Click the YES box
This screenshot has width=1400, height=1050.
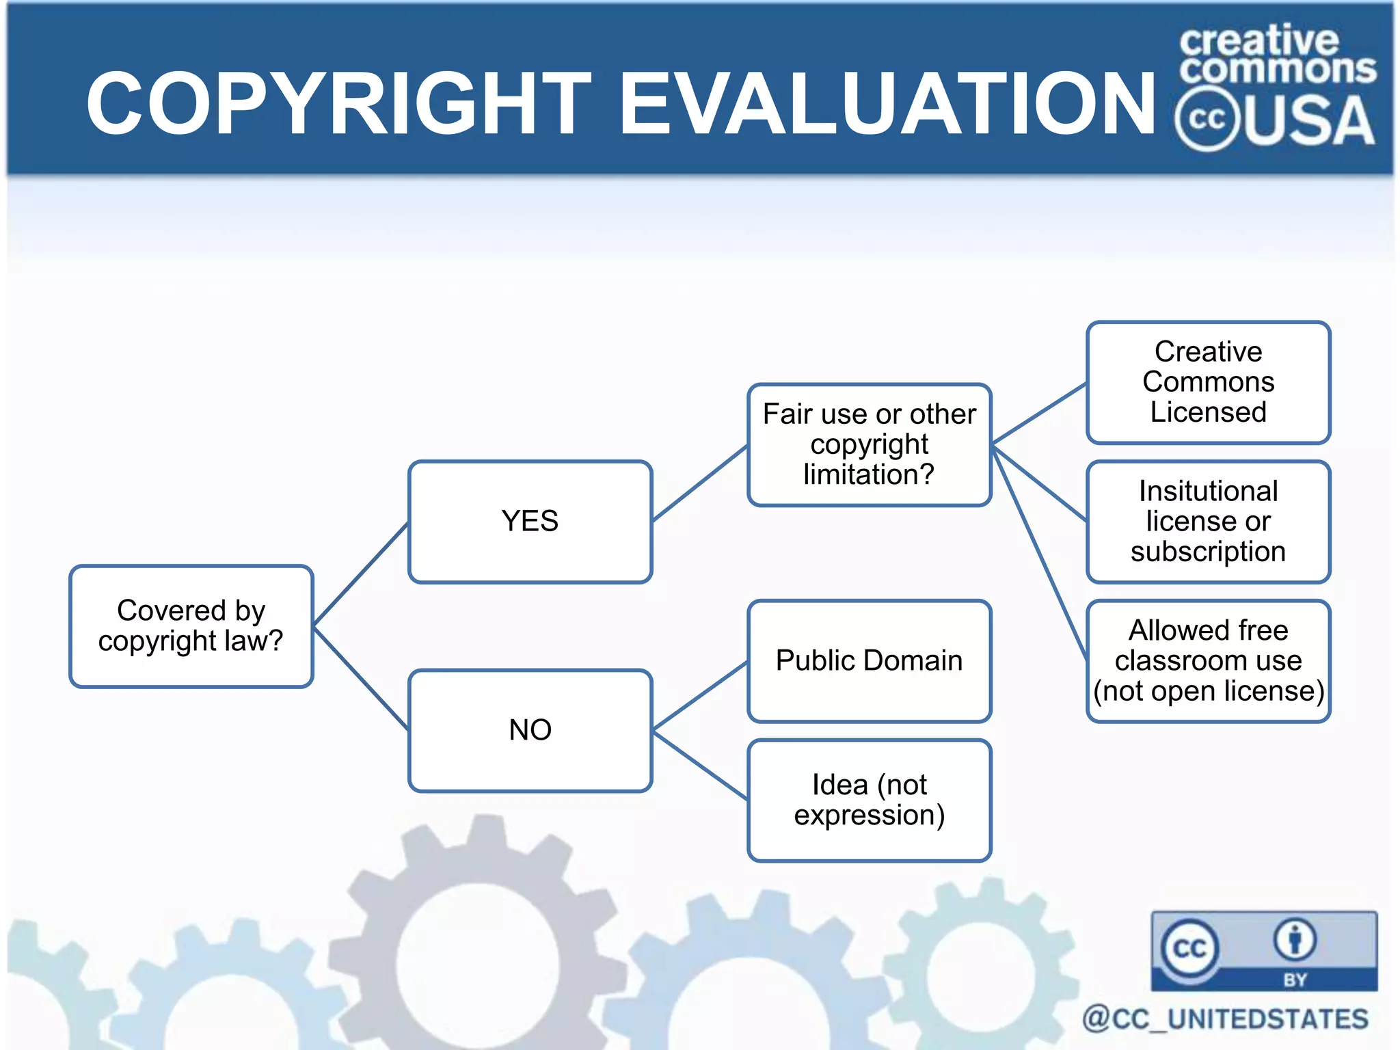pos(530,522)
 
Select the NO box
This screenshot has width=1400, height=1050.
pos(530,730)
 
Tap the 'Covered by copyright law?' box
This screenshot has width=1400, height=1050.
pos(191,625)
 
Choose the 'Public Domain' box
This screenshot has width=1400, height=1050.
pos(869,660)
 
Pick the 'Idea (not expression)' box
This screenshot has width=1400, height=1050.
pos(869,800)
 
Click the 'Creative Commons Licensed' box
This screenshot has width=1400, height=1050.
pos(1208,382)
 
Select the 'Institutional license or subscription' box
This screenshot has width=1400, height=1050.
pos(1208,522)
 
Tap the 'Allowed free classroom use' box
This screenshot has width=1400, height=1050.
pos(1208,660)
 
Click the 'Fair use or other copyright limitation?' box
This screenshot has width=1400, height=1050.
pos(869,444)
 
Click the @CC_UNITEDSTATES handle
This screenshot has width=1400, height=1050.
pos(1225,1019)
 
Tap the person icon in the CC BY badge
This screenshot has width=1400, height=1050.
pos(1294,940)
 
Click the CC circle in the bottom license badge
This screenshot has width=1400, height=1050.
pos(1189,948)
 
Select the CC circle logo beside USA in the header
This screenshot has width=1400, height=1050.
pos(1207,119)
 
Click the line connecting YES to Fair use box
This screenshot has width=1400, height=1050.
pos(699,484)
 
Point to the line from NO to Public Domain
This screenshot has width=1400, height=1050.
pos(699,696)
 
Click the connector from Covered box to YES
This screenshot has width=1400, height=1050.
pos(360,574)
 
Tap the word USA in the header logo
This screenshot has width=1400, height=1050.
pos(1307,122)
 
